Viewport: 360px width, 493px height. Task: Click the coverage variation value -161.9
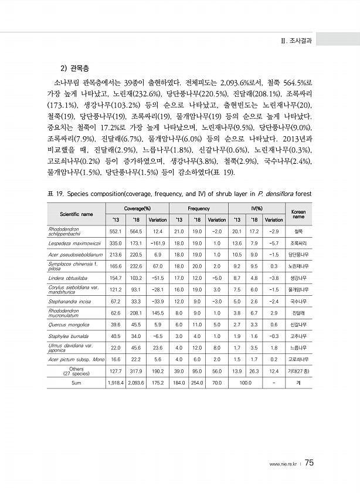pyautogui.click(x=158, y=242)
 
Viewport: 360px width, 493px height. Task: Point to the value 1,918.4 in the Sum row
pyautogui.click(x=116, y=383)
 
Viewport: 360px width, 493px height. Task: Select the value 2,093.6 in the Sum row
pyautogui.click(x=137, y=383)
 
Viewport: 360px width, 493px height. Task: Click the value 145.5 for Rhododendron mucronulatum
pyautogui.click(x=158, y=312)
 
